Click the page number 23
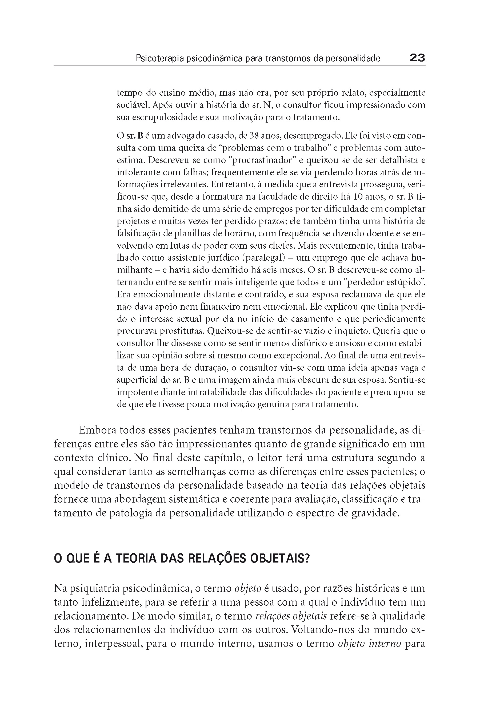pos(417,58)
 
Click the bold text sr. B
pos(135,136)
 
